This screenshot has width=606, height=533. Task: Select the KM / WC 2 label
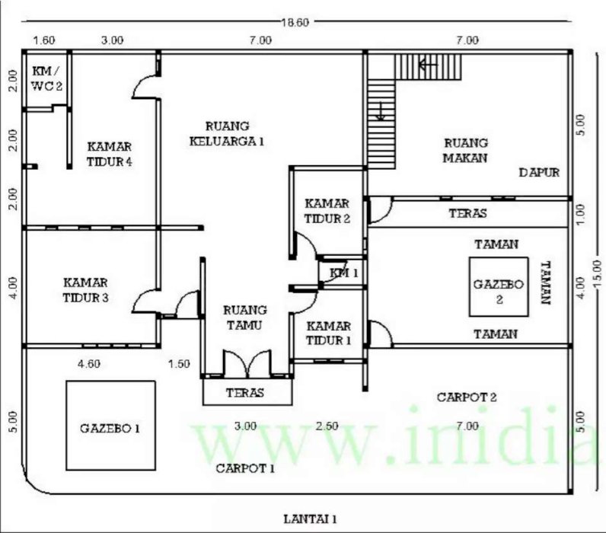tap(46, 78)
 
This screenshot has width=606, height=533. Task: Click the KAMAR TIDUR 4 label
tap(110, 154)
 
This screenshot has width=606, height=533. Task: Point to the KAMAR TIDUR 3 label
tap(85, 290)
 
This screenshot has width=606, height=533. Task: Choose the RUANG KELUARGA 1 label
tap(227, 134)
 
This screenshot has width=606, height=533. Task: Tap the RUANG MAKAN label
tap(465, 150)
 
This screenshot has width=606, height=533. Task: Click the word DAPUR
tap(539, 172)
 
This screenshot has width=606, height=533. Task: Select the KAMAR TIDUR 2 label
tap(327, 211)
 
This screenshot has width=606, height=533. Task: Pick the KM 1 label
tap(344, 273)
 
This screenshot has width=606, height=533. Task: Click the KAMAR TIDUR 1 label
tap(329, 334)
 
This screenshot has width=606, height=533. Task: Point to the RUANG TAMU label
tap(245, 318)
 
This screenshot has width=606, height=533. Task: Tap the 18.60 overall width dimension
tap(295, 22)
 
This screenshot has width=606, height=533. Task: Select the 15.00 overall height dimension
tap(597, 273)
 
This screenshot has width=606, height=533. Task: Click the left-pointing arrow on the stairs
tap(428, 65)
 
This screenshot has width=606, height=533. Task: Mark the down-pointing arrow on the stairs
tap(381, 111)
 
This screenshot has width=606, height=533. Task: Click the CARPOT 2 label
tap(467, 397)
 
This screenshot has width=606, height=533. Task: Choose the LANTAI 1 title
tap(311, 519)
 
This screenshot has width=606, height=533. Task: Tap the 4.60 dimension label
tap(89, 364)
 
